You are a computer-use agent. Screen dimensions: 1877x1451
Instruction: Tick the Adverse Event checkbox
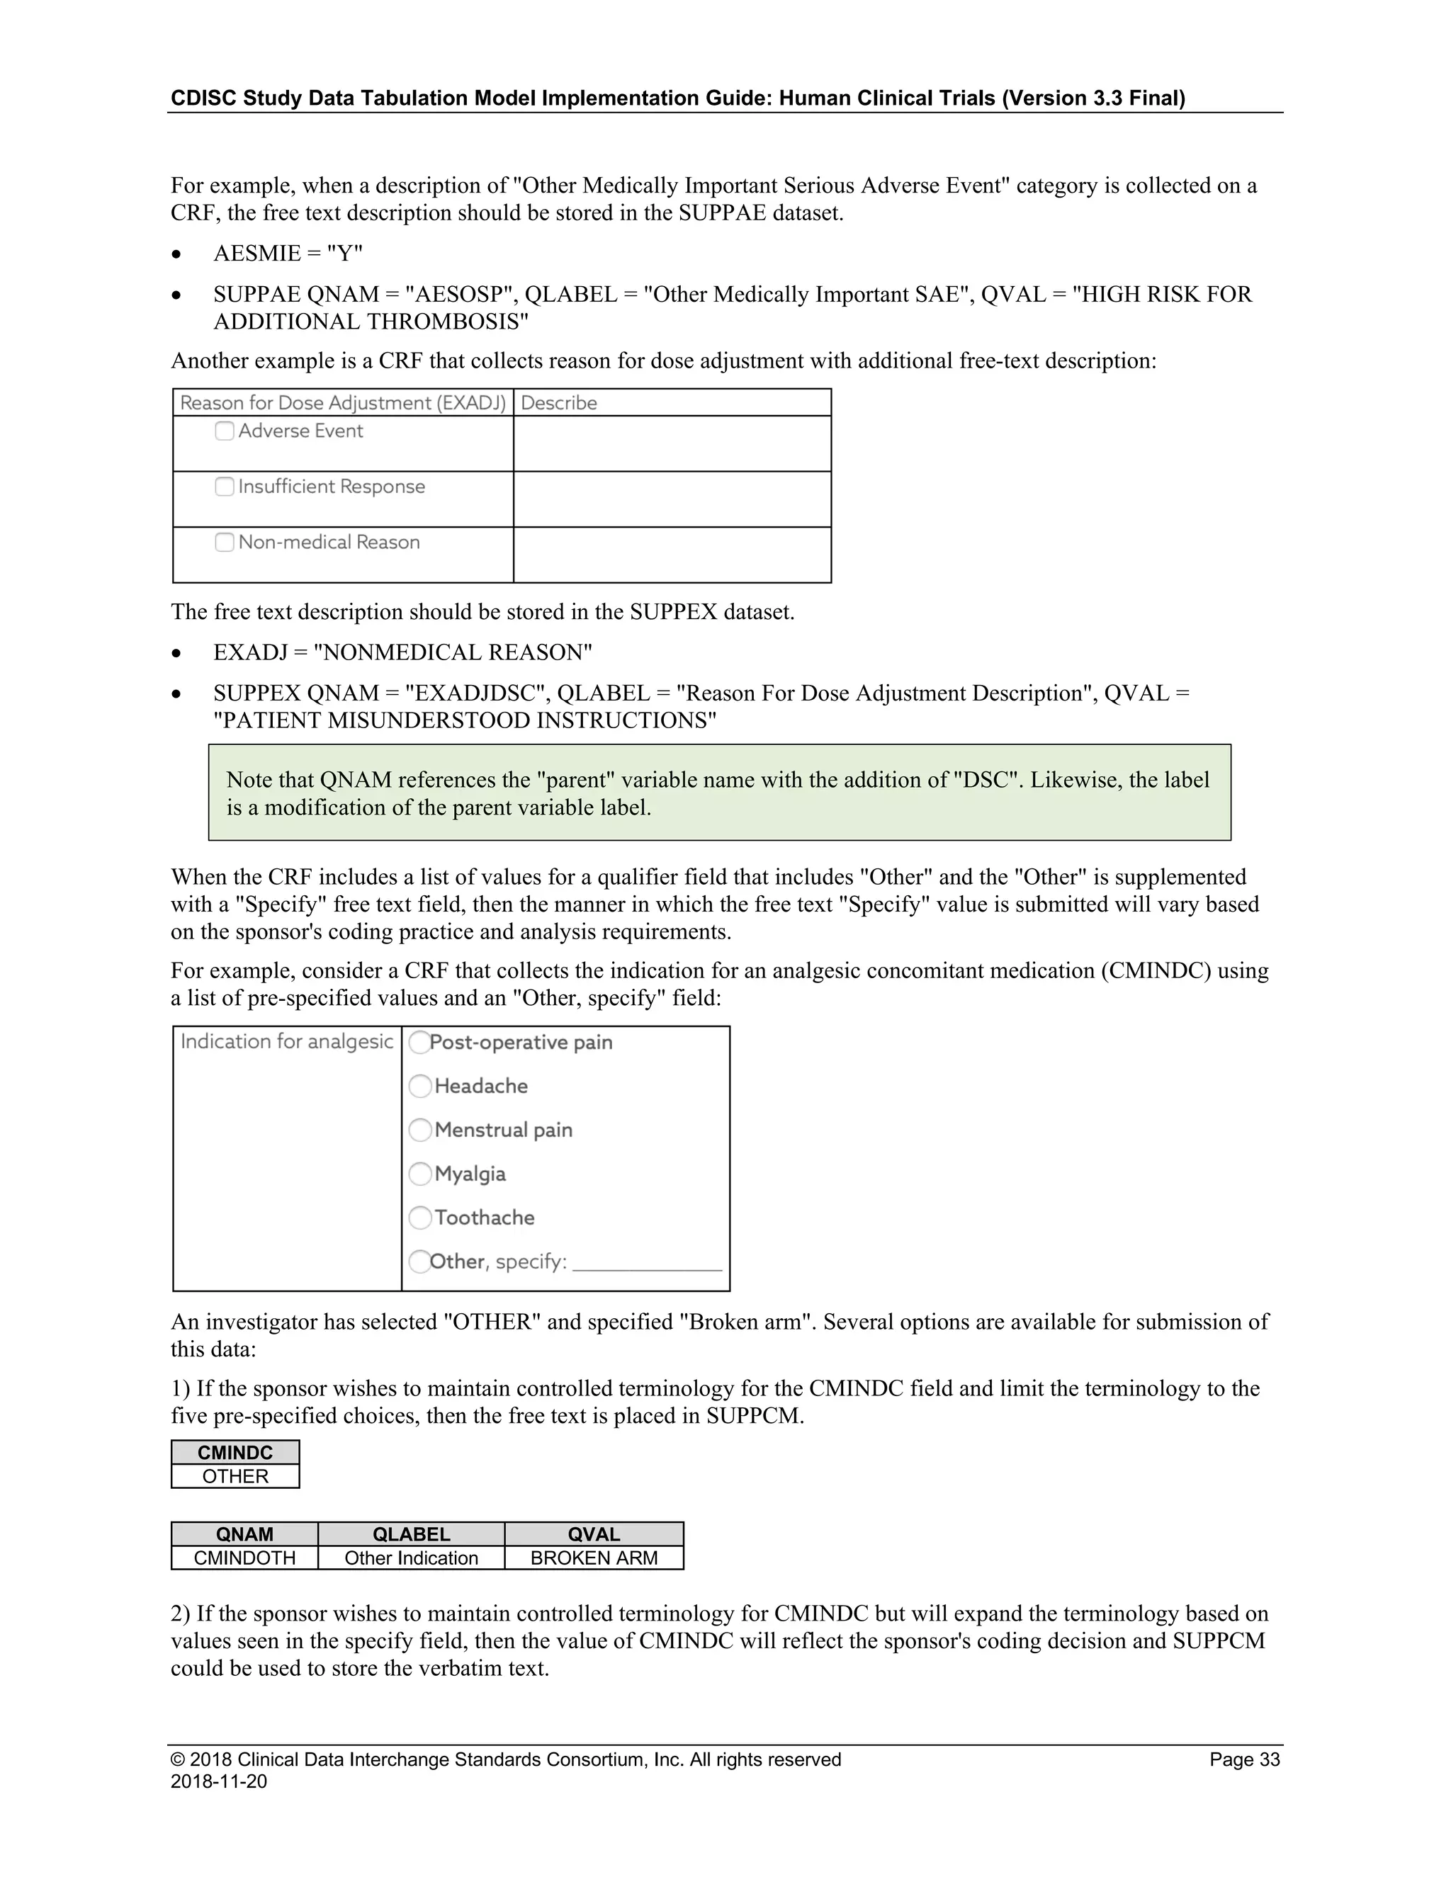(225, 431)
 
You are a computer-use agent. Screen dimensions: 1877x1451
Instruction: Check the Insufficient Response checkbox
(225, 487)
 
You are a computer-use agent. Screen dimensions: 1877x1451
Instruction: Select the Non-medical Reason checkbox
(225, 543)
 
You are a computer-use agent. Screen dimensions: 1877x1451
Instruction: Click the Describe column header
(559, 403)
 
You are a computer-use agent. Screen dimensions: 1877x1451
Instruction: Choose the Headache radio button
(419, 1087)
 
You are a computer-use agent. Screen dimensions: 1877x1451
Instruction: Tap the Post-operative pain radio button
(419, 1043)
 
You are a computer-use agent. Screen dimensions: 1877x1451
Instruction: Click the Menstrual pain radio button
(419, 1130)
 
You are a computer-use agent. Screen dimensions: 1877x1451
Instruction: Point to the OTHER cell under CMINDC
(235, 1477)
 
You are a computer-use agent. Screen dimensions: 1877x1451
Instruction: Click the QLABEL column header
(411, 1534)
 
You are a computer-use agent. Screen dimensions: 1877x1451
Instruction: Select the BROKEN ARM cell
(594, 1558)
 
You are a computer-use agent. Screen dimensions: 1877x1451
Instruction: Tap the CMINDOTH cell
(244, 1558)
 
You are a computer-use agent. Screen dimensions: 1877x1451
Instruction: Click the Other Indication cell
(411, 1558)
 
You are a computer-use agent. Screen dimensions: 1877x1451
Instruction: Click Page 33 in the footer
(1244, 1759)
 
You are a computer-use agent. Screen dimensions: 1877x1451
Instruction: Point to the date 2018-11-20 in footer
(218, 1781)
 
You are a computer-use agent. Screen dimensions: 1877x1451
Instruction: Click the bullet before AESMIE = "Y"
(176, 254)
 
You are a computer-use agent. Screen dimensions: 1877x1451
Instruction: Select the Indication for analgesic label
(286, 1042)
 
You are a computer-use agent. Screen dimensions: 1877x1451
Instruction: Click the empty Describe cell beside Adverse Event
(672, 443)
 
